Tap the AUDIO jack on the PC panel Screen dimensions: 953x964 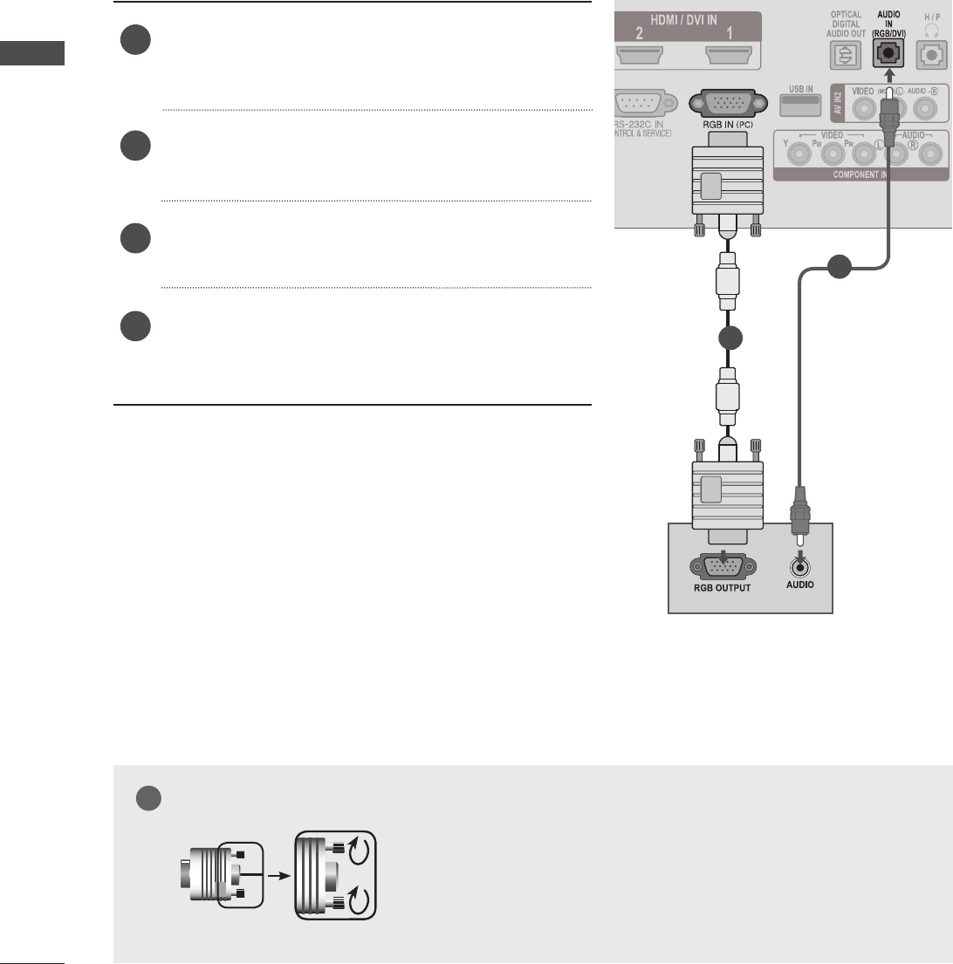[799, 564]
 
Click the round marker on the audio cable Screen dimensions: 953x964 [839, 267]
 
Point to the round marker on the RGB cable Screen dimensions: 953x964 [727, 339]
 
